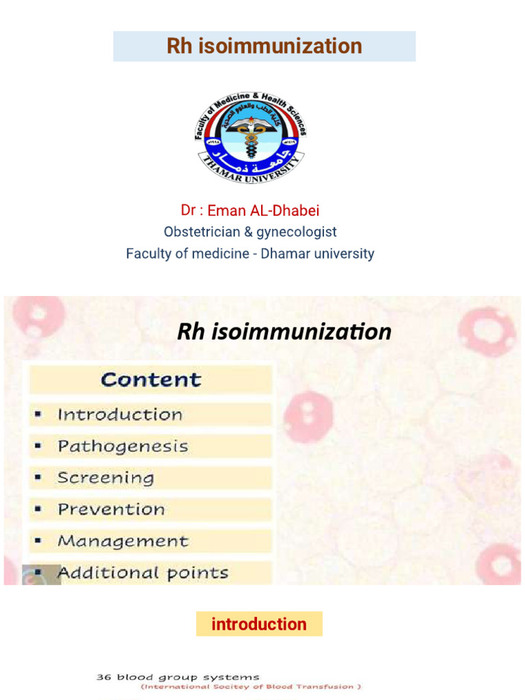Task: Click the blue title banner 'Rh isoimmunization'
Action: [x=264, y=46]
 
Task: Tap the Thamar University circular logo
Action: [x=250, y=138]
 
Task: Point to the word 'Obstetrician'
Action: [x=202, y=232]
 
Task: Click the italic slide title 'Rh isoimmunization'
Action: [x=284, y=332]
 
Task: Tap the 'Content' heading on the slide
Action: [x=151, y=380]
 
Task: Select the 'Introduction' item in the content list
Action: [x=120, y=415]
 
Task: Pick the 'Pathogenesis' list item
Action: [x=122, y=447]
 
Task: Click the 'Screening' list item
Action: [x=105, y=478]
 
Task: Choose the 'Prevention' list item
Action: [x=111, y=509]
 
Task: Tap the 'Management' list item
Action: [x=122, y=541]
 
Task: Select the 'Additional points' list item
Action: [x=143, y=573]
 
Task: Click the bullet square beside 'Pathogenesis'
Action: [x=39, y=447]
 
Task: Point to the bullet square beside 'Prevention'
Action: [x=39, y=510]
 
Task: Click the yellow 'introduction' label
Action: [x=259, y=624]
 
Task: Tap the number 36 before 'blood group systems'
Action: [x=103, y=677]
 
